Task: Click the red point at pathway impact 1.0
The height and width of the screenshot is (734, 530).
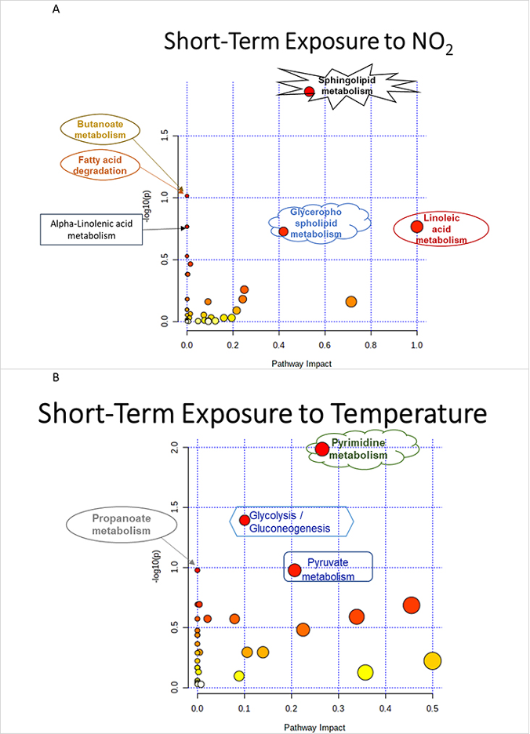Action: [x=416, y=227]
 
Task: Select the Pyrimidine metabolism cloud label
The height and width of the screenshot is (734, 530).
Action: [x=363, y=449]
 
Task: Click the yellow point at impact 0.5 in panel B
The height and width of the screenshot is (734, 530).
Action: [x=432, y=661]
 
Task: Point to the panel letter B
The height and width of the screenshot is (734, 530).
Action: [x=56, y=377]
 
